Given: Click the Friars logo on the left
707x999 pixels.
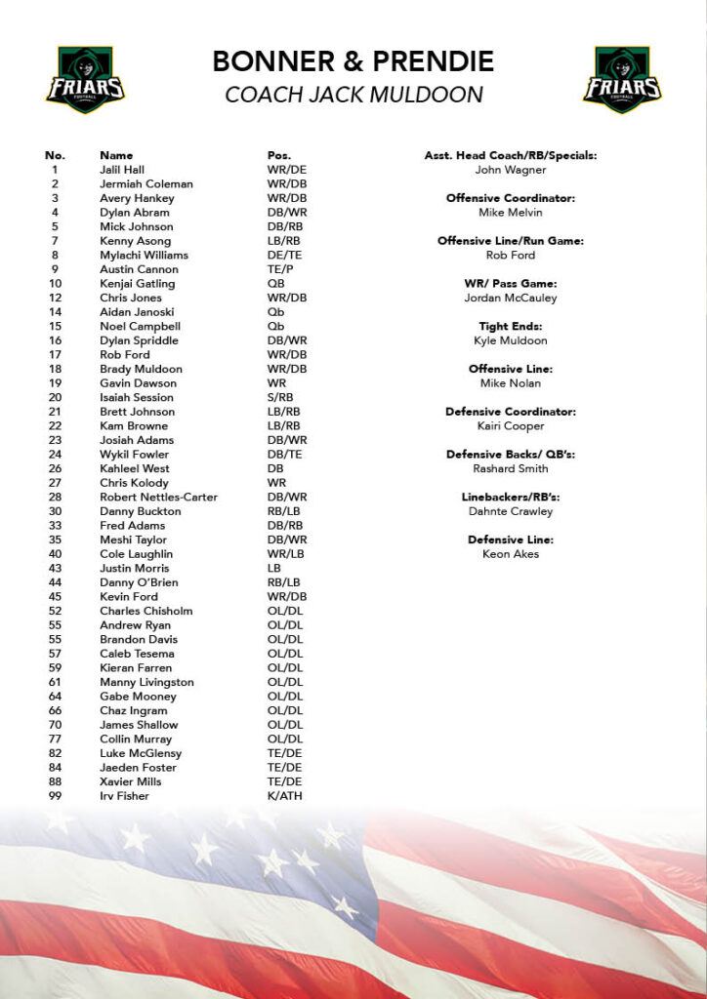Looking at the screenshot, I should pyautogui.click(x=85, y=79).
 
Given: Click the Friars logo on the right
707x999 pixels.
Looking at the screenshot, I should pyautogui.click(x=622, y=79).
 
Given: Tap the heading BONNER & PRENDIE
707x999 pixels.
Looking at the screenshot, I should pyautogui.click(x=353, y=61).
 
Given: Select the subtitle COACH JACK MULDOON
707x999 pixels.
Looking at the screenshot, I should pyautogui.click(x=353, y=95).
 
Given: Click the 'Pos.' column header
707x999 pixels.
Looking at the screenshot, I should pyautogui.click(x=279, y=156).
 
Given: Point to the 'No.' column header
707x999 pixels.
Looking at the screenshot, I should pyautogui.click(x=55, y=156).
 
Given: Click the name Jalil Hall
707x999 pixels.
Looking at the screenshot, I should pyautogui.click(x=123, y=170).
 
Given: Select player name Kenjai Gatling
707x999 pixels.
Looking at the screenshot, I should pyautogui.click(x=137, y=284).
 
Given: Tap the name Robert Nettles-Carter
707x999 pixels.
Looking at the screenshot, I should pyautogui.click(x=158, y=498).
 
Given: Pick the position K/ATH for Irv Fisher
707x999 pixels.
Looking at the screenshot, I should pyautogui.click(x=285, y=796).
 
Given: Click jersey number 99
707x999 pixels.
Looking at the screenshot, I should pyautogui.click(x=55, y=796).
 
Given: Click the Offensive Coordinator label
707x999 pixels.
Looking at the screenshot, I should pyautogui.click(x=511, y=198).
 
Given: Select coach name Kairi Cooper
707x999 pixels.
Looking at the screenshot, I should pyautogui.click(x=511, y=426).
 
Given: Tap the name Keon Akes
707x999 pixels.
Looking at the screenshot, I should pyautogui.click(x=511, y=554).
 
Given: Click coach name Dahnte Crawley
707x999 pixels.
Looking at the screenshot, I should pyautogui.click(x=511, y=511).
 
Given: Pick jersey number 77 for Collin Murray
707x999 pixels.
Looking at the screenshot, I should pyautogui.click(x=55, y=739).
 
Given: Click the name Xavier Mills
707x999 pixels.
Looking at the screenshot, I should pyautogui.click(x=131, y=782).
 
